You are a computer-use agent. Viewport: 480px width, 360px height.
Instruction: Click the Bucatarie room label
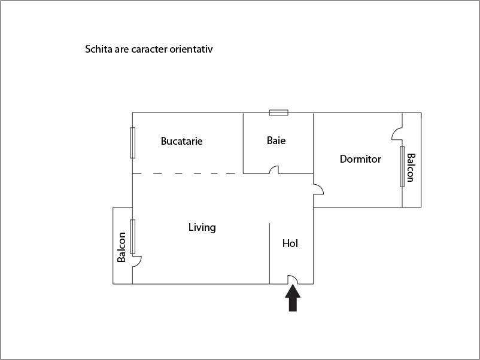pos(181,142)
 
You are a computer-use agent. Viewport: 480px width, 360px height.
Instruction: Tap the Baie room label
pos(276,141)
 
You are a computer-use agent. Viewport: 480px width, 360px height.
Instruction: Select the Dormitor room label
pos(360,159)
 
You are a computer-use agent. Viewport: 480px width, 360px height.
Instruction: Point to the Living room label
pos(202,227)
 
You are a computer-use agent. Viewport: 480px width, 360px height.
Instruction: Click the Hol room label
pos(290,243)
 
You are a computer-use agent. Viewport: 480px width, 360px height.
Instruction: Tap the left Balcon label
pos(122,247)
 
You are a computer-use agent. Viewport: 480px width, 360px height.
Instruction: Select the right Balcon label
pos(411,167)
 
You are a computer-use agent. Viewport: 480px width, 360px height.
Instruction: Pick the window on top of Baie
pos(278,112)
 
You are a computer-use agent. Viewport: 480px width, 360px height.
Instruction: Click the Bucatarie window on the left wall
pos(132,142)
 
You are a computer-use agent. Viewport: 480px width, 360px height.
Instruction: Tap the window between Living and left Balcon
pos(132,237)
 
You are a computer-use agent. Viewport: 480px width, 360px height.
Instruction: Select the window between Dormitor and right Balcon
pos(402,166)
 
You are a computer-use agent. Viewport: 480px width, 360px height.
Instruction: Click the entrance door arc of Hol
pos(293,279)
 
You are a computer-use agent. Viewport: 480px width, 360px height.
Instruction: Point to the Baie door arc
pos(274,170)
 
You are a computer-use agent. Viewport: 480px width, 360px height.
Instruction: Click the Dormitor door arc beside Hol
pos(318,189)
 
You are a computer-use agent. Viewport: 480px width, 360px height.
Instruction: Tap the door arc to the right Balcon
pos(397,135)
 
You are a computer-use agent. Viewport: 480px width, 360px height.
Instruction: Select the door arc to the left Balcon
pos(137,261)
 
